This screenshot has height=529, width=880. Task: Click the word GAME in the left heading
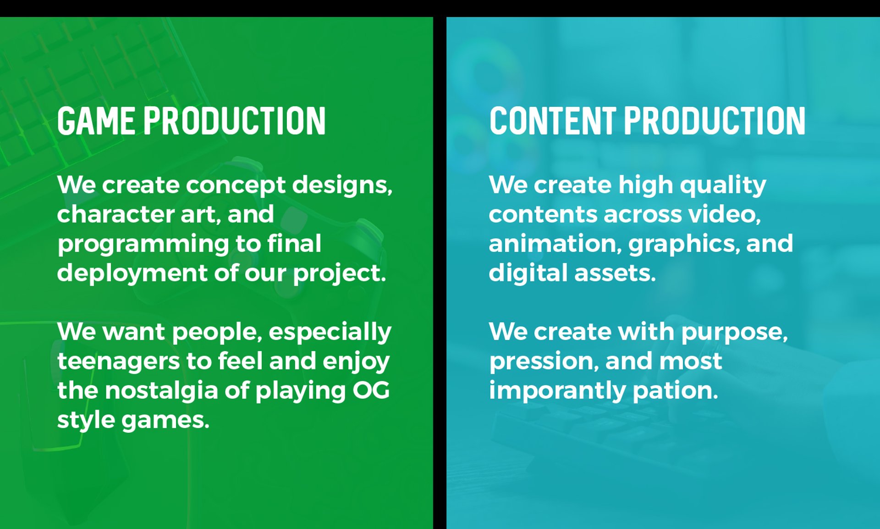point(96,121)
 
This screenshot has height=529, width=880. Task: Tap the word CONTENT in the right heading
point(553,121)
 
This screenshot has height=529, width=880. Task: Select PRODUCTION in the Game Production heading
point(235,121)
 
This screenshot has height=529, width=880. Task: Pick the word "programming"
point(143,245)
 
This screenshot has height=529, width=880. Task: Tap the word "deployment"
point(132,274)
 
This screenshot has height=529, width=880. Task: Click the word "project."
point(339,274)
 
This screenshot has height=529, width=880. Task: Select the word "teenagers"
point(118,362)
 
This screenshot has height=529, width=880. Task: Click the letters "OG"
point(371,390)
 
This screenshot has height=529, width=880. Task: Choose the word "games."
point(165,421)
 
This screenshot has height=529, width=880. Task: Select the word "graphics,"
point(684,245)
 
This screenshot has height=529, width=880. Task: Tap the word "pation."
point(675,391)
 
